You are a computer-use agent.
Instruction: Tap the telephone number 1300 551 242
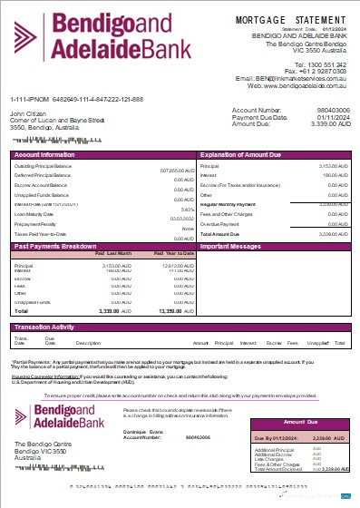325,64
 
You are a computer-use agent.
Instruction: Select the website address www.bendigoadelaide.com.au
304,85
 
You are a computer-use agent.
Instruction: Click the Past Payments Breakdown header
49,246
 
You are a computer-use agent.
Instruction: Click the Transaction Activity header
44,326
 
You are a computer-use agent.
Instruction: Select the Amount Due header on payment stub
302,422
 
